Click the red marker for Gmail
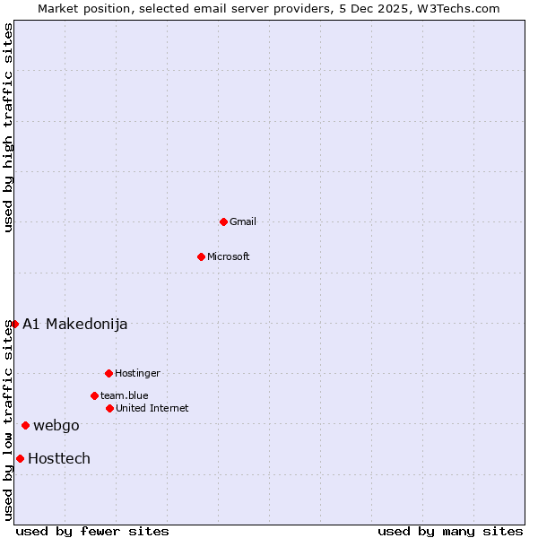223,221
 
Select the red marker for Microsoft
201,256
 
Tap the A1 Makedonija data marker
14,324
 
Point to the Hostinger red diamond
108,373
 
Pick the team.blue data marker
94,395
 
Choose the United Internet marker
109,408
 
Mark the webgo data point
25,425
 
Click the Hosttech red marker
20,458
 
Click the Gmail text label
243,221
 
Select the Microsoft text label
229,256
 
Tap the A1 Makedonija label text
75,324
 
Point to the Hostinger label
137,373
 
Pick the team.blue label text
125,395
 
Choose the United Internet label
152,408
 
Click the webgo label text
56,425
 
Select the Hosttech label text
59,458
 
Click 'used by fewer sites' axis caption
92,531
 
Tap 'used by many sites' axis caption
450,531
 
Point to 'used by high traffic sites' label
9,127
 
